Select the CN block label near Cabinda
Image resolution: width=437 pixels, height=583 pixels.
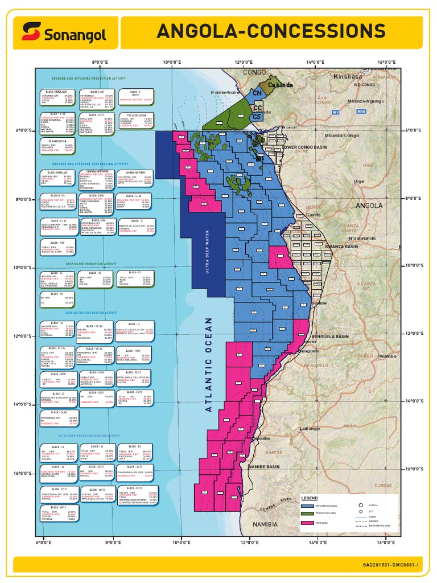click(257, 92)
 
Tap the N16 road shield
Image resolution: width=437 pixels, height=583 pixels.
click(361, 113)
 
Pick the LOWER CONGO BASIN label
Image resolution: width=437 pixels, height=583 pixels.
click(306, 147)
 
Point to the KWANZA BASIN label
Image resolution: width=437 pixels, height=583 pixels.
click(341, 247)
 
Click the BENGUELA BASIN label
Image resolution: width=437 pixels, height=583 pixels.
click(331, 337)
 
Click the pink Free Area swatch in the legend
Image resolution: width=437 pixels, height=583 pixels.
click(308, 523)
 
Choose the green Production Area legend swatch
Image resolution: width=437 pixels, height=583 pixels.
click(308, 514)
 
